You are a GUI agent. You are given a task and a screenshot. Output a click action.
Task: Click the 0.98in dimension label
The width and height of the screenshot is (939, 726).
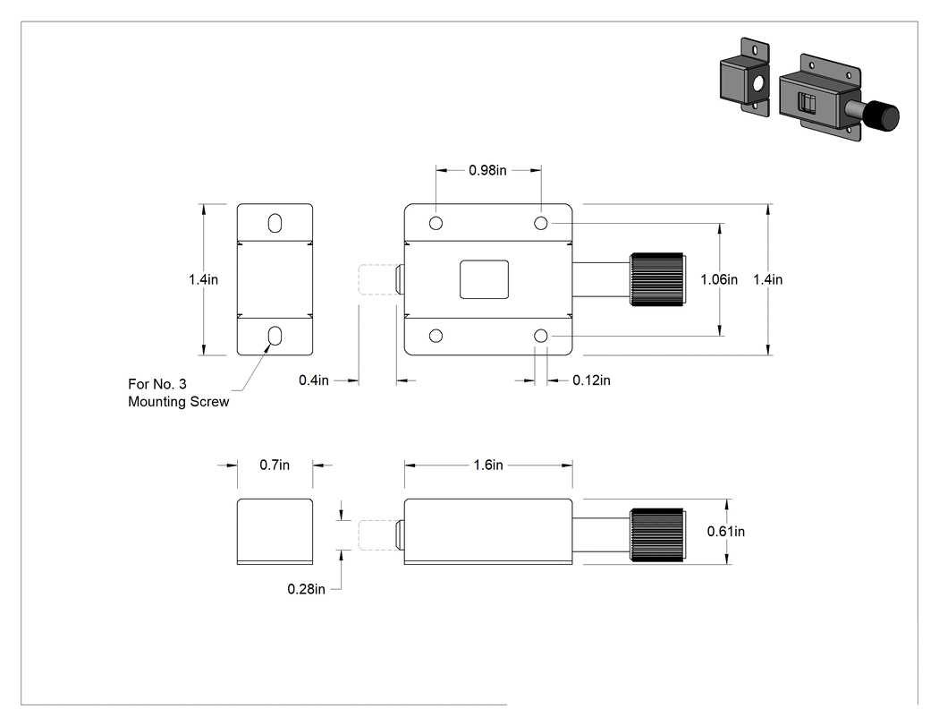coord(487,170)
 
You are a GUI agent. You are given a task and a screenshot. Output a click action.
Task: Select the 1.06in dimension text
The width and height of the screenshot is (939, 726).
coord(719,279)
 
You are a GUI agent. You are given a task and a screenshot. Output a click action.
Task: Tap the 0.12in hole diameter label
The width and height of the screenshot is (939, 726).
coord(591,380)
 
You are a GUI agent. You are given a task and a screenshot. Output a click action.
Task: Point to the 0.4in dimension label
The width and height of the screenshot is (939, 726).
coord(314,380)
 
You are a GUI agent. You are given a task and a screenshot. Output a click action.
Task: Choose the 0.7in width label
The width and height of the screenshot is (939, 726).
coord(275,465)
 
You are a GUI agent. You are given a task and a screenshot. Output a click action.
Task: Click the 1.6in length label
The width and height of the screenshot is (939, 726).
coord(488,465)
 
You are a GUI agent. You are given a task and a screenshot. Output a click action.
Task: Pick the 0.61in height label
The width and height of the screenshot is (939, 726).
coord(726,531)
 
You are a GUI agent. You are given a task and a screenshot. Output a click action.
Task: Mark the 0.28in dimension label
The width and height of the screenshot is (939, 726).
coord(306,589)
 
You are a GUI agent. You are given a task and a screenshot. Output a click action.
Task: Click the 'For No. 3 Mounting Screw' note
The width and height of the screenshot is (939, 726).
coord(179,393)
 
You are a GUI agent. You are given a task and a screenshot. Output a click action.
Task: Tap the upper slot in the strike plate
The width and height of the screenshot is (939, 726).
coord(275,223)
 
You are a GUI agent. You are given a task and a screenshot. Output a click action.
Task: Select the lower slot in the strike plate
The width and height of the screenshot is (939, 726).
coord(275,336)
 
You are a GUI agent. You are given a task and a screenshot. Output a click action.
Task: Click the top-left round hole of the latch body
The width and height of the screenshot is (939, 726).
coord(436,223)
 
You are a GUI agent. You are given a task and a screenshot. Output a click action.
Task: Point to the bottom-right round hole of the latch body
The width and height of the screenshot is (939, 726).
coord(541,336)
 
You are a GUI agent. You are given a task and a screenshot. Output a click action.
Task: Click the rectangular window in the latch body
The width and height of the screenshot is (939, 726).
coord(485,279)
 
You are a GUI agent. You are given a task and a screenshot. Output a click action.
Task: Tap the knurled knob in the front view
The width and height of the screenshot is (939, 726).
coord(657,279)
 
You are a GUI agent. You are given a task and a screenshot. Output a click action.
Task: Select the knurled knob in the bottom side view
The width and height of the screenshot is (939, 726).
coord(657,534)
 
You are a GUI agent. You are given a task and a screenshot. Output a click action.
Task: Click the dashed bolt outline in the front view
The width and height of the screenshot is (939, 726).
coord(377,279)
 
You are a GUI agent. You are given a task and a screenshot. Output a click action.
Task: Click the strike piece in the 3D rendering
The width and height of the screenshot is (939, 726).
coord(744,77)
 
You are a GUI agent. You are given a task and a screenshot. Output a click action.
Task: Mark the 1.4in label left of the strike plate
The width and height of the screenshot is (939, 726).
coord(204,279)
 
